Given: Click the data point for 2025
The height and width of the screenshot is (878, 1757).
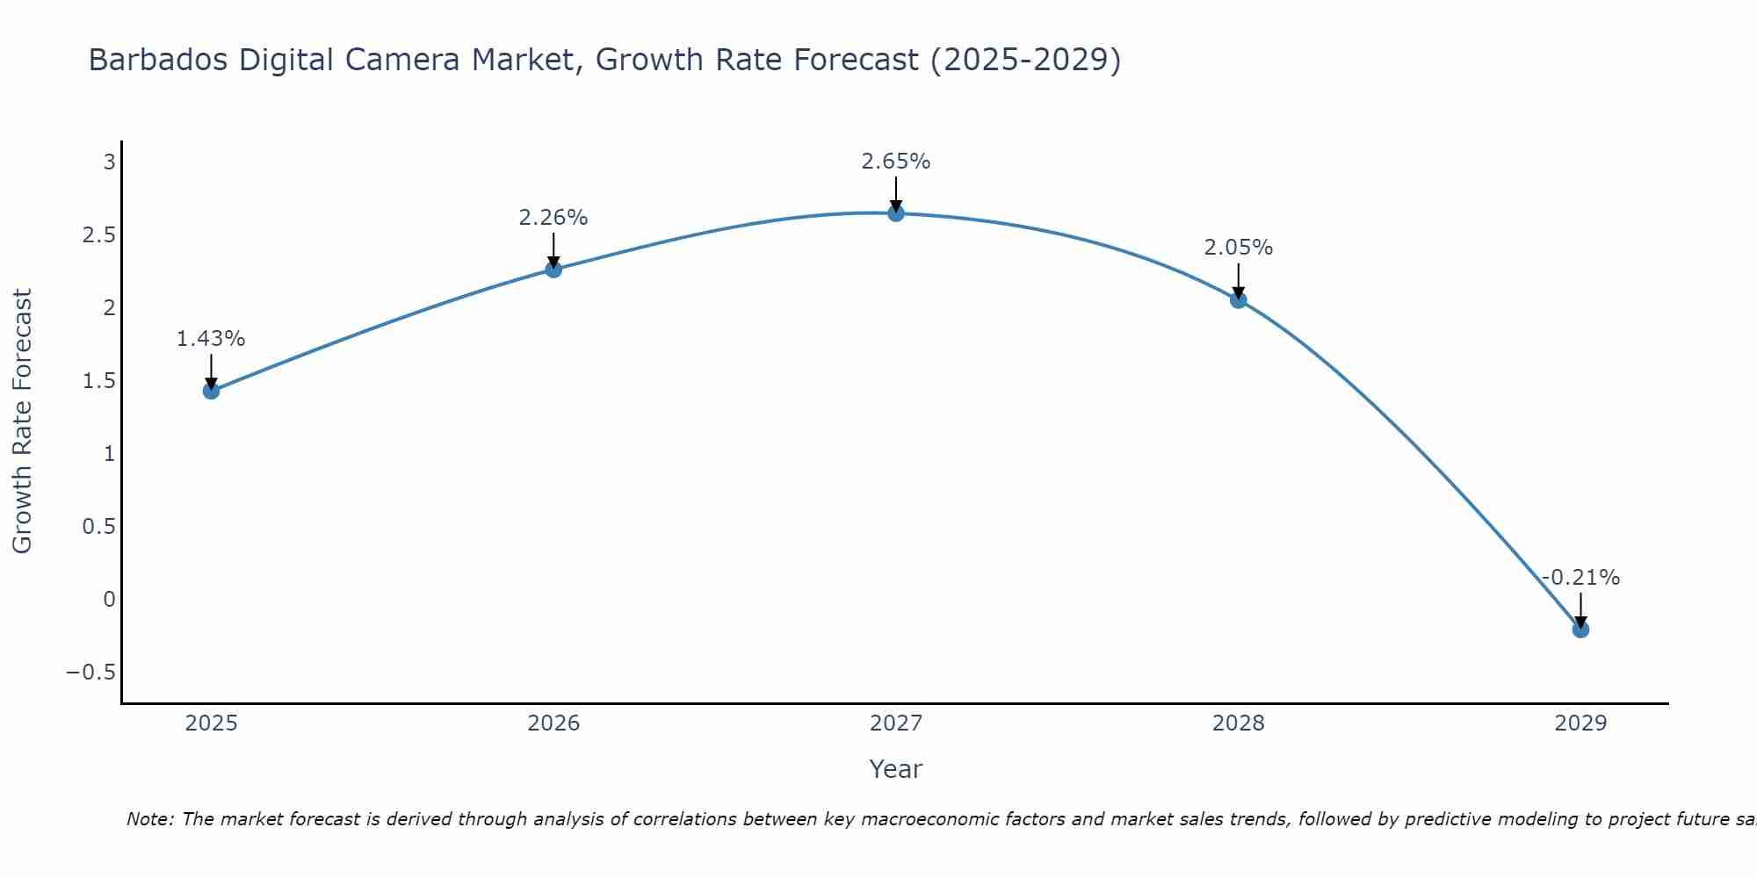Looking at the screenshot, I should pos(211,391).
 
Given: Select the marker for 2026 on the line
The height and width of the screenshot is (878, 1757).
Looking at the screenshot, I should pos(553,270).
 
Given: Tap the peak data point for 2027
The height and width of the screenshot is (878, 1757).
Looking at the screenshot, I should pos(896,213).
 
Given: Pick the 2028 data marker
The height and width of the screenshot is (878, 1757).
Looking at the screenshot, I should pos(1239,300).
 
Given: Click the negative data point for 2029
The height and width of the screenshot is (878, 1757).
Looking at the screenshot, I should pos(1580,630).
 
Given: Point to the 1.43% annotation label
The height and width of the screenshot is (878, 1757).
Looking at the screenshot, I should pos(211,339).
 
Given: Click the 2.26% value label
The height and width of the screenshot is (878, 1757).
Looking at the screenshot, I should pos(553,218).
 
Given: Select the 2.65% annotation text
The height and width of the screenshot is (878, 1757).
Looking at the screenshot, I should pos(896,162).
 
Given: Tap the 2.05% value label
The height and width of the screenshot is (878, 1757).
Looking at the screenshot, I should pos(1239,248).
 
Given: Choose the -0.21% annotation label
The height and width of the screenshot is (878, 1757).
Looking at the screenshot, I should pos(1580,578).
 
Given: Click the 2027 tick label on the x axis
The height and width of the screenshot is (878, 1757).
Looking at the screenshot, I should pos(896,723).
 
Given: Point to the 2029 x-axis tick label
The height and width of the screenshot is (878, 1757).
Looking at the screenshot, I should pos(1580,723).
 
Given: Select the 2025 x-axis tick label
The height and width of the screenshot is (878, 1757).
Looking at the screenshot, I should pos(211,723).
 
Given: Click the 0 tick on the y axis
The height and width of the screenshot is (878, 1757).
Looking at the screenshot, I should pos(109,600).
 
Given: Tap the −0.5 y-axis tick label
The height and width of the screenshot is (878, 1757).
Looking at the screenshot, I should pos(91,673).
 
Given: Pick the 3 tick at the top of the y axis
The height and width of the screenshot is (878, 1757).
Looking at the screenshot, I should pos(109,162).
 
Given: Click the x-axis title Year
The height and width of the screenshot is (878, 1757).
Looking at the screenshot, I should pos(896,769).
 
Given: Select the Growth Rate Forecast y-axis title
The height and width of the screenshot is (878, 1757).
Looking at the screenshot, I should pos(23,421).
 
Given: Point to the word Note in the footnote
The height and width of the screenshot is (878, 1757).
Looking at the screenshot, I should pos(149,820).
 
